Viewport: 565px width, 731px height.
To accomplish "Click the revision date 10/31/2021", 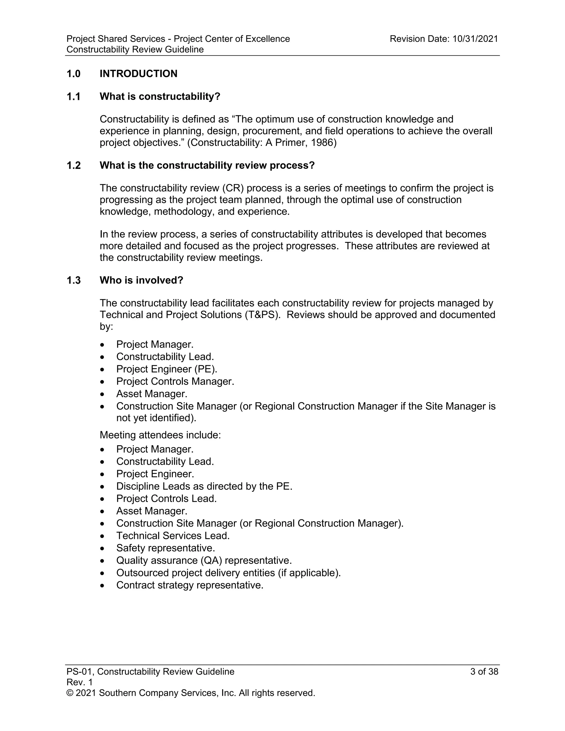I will [475, 39].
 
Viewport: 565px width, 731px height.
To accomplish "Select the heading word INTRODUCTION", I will [138, 74].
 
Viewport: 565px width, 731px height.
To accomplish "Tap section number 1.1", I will [73, 97].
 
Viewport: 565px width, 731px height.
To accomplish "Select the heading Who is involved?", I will [141, 280].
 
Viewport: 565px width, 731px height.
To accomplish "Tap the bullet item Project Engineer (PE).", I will [167, 369].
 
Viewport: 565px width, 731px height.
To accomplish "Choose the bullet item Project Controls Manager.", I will [175, 381].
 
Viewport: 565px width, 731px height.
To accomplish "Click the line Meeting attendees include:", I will [160, 435].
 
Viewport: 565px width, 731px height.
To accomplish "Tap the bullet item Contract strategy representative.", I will [190, 585].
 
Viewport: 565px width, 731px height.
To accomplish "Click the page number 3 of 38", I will [484, 671].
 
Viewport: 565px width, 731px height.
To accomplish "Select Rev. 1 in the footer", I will [80, 682].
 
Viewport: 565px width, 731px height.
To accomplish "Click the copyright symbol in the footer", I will [70, 693].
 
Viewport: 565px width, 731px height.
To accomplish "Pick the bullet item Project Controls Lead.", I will [166, 498].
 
